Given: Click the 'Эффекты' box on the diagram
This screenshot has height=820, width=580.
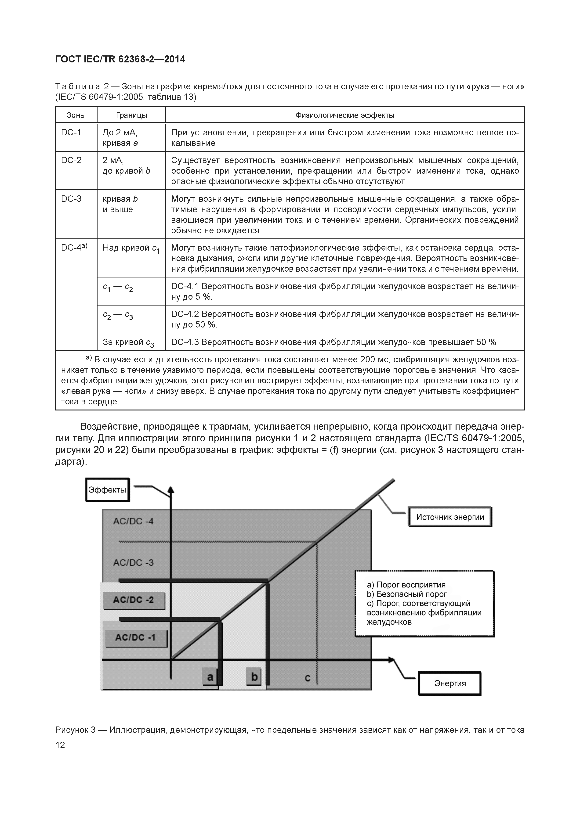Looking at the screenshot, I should [x=107, y=490].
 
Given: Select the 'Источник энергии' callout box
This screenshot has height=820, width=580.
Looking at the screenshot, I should [x=450, y=517].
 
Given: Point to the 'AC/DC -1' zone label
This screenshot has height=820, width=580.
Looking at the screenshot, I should [x=136, y=637].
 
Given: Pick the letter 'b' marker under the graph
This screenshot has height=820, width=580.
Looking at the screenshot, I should [x=254, y=676].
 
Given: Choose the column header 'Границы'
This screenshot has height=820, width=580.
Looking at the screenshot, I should [x=131, y=115].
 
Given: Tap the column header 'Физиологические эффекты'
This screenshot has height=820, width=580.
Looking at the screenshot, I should [x=345, y=115].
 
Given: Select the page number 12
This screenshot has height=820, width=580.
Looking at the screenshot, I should [x=60, y=745].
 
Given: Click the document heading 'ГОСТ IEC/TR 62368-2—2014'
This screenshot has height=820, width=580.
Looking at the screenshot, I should [x=120, y=59].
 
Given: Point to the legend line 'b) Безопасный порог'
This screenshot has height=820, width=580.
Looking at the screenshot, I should [x=407, y=594].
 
